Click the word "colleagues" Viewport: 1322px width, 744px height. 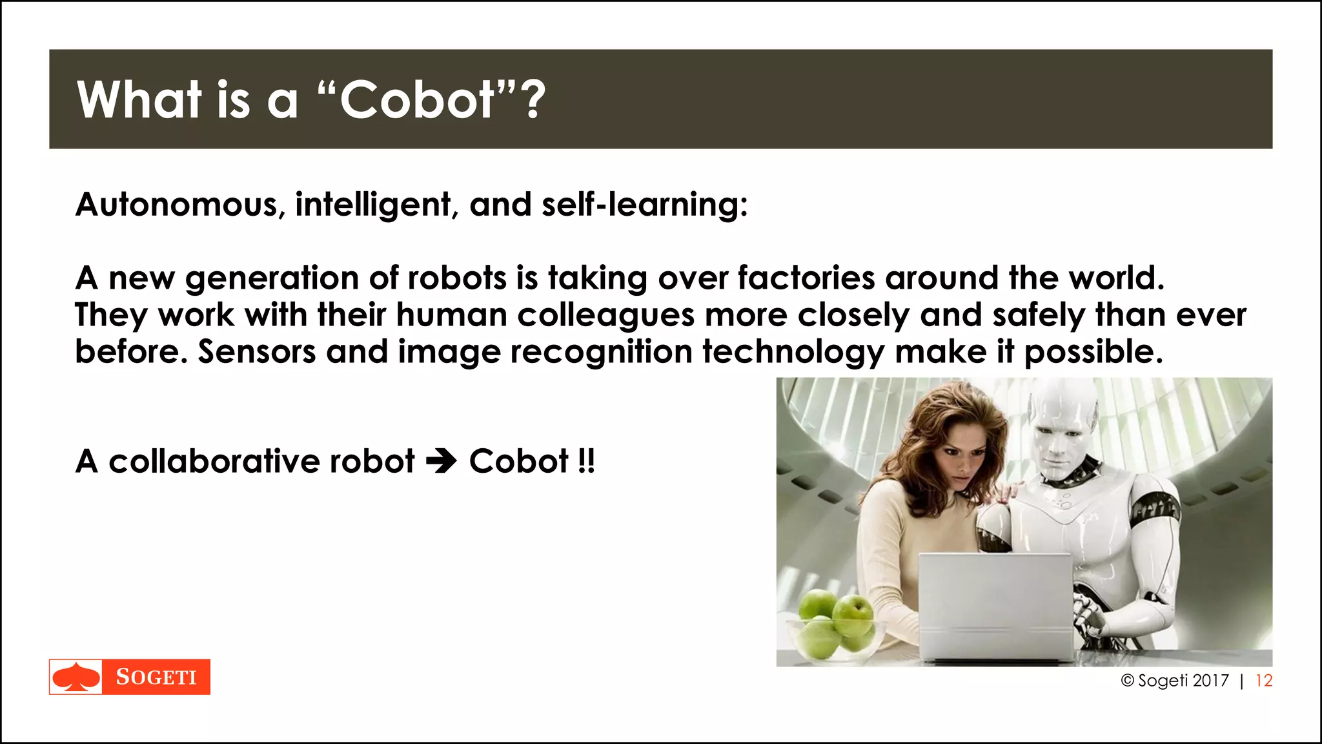tap(605, 316)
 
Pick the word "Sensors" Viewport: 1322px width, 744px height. tap(256, 353)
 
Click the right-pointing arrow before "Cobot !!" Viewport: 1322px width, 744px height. tap(442, 462)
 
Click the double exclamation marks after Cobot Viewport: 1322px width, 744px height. tap(586, 462)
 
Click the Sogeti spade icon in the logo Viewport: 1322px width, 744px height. tap(76, 677)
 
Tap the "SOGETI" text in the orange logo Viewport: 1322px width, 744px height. tap(156, 677)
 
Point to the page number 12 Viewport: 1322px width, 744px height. tap(1263, 681)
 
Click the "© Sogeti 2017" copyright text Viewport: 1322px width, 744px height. tap(1175, 681)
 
